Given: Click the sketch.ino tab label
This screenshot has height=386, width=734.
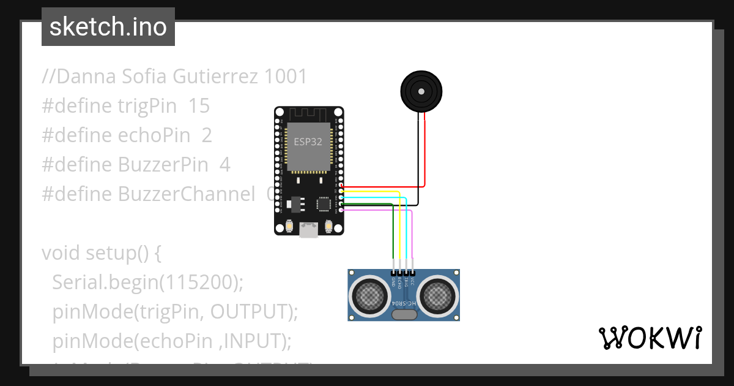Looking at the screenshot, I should tap(108, 27).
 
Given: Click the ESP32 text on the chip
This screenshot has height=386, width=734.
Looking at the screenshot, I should tap(308, 141).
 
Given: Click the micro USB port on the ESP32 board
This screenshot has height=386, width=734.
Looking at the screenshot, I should tap(308, 230).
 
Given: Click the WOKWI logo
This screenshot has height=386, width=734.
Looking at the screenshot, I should tap(650, 338).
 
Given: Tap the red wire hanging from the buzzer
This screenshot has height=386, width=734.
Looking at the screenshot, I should tap(425, 147).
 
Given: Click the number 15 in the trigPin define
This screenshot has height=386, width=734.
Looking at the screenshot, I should tap(199, 106).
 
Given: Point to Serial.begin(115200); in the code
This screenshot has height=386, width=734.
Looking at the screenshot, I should tap(148, 282).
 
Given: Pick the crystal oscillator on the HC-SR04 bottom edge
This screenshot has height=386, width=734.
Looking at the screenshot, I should tap(404, 315).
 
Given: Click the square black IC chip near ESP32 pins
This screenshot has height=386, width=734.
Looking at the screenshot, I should tap(323, 204).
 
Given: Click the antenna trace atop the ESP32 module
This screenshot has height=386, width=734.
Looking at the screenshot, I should tap(308, 114).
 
